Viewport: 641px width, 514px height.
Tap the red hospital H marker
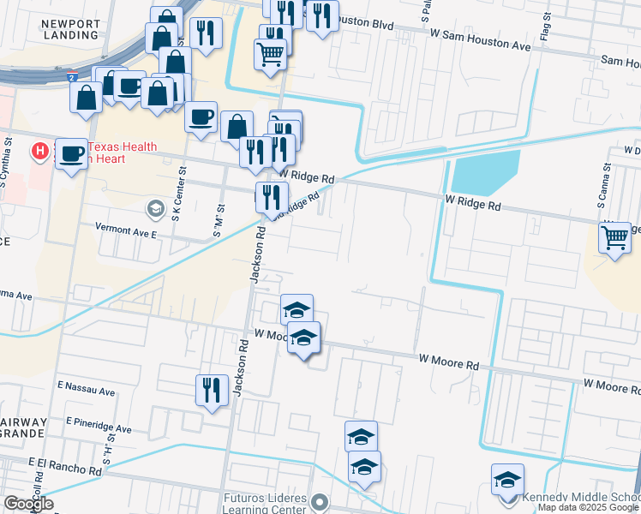coord(39,152)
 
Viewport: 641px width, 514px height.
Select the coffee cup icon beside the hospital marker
coord(72,153)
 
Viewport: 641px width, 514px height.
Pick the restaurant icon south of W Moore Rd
coord(210,391)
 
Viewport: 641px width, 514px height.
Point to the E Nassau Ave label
coord(86,391)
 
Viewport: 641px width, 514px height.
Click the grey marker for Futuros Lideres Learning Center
coord(320,501)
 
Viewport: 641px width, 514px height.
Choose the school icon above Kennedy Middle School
coord(507,480)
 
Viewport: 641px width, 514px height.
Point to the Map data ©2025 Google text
coord(588,508)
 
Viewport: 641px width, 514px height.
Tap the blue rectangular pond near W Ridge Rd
coord(485,171)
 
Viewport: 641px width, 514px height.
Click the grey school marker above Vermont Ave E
coord(155,208)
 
